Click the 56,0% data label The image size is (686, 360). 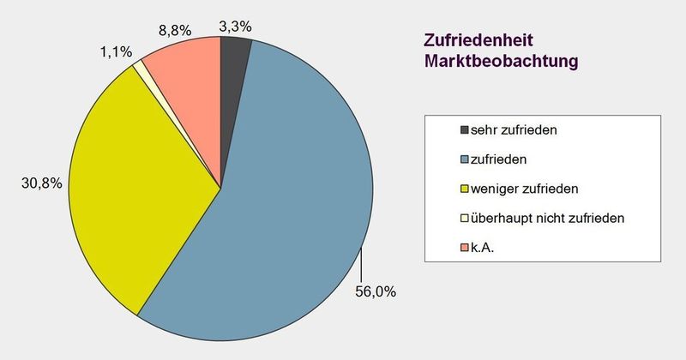375,291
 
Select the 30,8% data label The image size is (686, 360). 39,183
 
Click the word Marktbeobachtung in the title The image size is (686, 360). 499,61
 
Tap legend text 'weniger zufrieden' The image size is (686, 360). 521,188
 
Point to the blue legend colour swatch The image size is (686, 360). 465,159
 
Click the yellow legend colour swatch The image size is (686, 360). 465,189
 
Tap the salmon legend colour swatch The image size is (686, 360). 465,248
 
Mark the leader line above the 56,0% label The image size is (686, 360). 364,261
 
